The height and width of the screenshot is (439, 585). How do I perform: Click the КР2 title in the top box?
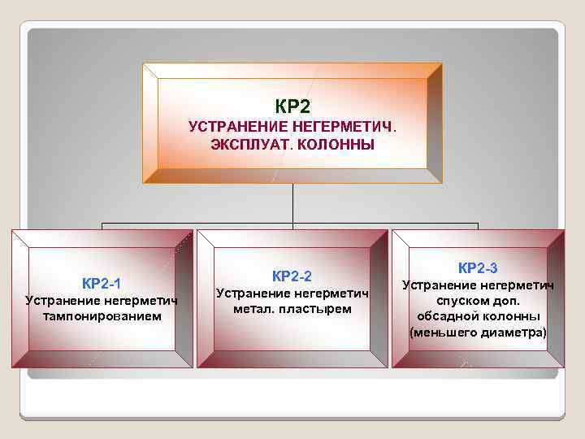point(292,106)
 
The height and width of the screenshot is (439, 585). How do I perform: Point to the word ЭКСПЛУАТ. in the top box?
point(243,145)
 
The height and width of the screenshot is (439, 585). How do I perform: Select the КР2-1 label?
point(102,284)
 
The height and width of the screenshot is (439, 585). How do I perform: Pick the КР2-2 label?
point(292,276)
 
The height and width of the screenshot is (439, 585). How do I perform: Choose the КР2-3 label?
point(478,267)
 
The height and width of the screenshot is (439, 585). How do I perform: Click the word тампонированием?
point(102,315)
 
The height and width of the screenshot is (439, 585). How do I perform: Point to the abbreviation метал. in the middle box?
point(253,308)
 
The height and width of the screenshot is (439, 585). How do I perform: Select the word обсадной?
point(447,315)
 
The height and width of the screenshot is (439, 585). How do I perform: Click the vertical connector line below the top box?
point(292,203)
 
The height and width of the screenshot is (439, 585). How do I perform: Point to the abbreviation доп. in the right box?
point(506,300)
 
